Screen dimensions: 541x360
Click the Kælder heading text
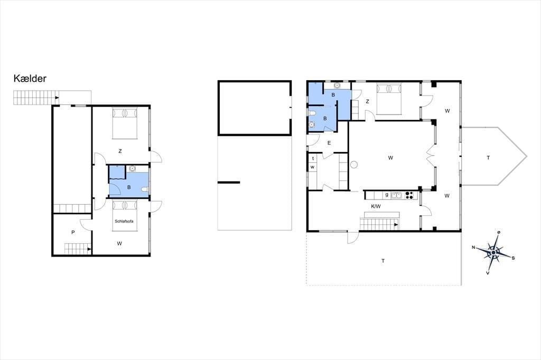tap(30, 79)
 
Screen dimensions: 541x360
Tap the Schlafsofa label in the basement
tap(124, 221)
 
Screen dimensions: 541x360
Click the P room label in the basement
tap(73, 232)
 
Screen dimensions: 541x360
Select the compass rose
tap(493, 253)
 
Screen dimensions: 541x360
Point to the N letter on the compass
tap(474, 247)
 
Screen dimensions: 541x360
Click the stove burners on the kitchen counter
tap(410, 195)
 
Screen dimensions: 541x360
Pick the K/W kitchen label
tap(376, 206)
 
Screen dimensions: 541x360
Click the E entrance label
tap(329, 143)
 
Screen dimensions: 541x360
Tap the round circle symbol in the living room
tap(354, 165)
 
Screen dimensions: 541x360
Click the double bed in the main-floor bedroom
tap(389, 99)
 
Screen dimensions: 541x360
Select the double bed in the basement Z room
tap(125, 124)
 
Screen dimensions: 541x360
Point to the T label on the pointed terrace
tap(488, 158)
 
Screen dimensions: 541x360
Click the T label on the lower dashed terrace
tap(383, 261)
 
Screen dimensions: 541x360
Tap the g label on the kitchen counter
tap(387, 195)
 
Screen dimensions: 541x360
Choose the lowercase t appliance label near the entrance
tap(313, 158)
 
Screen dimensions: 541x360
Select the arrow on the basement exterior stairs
tap(57, 98)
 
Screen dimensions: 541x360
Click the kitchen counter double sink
tap(396, 195)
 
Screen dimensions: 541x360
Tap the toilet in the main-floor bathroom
tap(312, 113)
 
